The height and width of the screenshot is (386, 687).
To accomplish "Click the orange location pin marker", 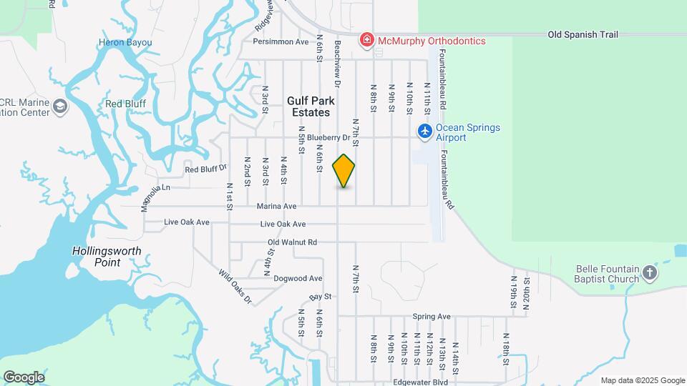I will [x=343, y=171].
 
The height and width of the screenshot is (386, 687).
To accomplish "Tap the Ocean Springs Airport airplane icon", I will [x=425, y=131].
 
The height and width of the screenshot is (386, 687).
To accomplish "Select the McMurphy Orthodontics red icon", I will [x=366, y=39].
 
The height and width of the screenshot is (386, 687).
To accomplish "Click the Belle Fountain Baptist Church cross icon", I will [x=648, y=272].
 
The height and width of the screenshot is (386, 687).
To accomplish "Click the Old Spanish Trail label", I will [x=583, y=34].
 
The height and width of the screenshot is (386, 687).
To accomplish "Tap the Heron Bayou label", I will [x=125, y=43].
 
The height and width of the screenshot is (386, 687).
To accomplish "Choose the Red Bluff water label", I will [x=125, y=104].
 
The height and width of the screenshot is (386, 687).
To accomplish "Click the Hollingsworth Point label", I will [x=107, y=257].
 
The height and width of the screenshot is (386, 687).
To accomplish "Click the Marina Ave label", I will [x=276, y=207].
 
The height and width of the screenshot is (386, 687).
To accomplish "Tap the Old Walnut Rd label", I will [x=292, y=242].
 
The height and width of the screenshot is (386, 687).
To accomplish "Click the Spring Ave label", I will [x=432, y=316].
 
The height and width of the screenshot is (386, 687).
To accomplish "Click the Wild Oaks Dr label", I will [x=235, y=287].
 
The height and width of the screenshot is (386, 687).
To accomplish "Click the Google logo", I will [x=24, y=377].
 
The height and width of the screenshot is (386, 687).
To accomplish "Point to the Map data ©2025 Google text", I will [x=643, y=381].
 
